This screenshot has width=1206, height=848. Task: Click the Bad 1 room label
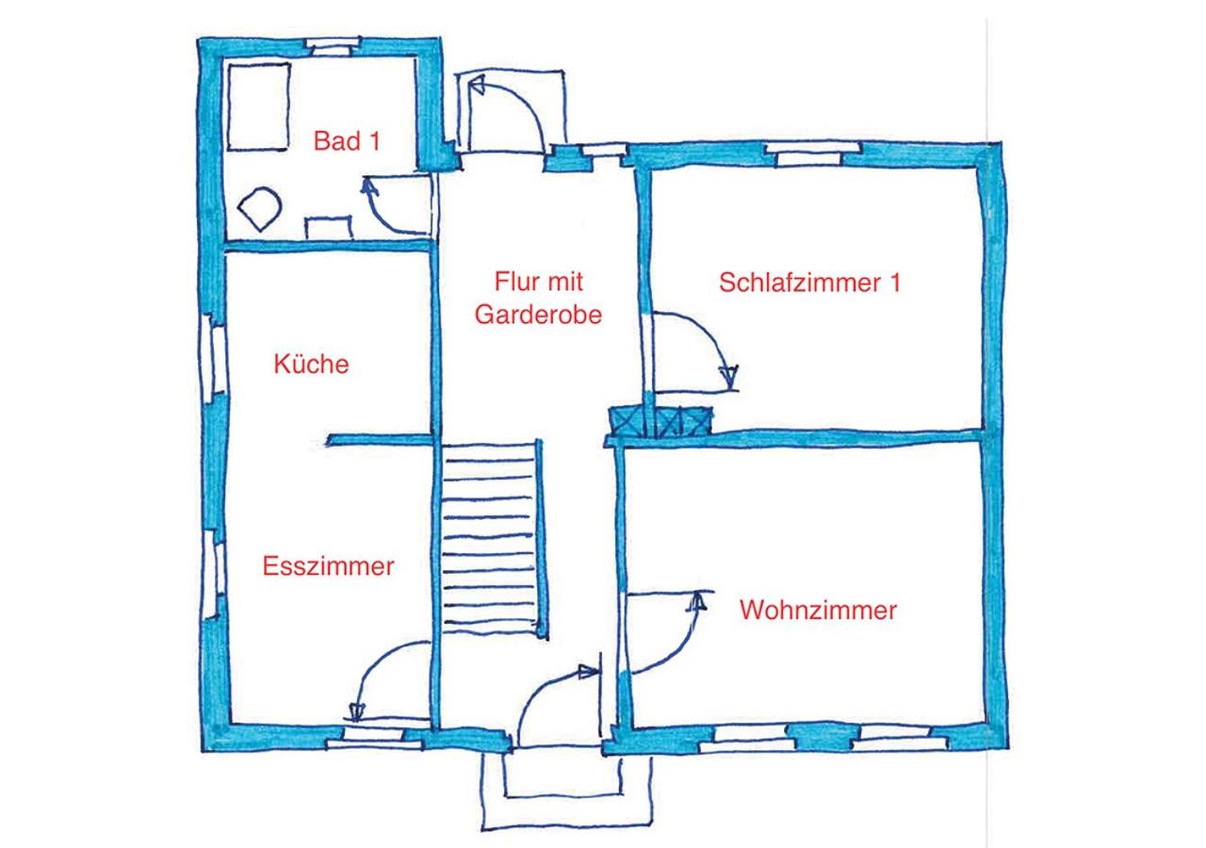tap(347, 142)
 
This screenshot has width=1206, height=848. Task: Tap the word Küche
tap(311, 364)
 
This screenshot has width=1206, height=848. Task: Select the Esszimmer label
tap(328, 566)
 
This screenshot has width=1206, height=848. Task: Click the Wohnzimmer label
tap(818, 611)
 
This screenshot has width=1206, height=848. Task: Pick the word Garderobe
tap(538, 315)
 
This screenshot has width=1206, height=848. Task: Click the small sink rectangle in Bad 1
tap(327, 228)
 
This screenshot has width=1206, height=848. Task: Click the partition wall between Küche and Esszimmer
tap(379, 439)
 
